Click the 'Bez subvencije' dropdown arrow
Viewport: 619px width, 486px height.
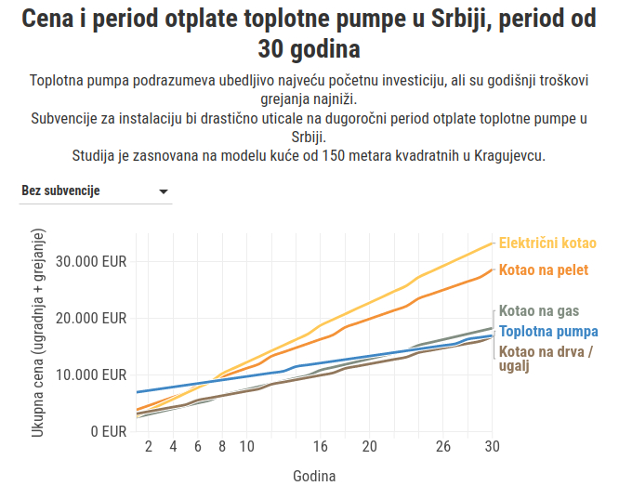(164, 191)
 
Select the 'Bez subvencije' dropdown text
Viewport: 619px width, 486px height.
(60, 191)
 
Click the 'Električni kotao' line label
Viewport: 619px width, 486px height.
(547, 243)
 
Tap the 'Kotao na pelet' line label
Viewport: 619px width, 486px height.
(544, 270)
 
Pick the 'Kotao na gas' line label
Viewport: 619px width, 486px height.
(539, 311)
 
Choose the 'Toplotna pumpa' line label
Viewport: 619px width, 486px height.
(548, 331)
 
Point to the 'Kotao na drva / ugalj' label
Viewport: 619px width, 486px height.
(546, 359)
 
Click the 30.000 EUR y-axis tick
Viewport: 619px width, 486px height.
(90, 261)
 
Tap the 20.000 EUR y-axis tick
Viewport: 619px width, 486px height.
(90, 318)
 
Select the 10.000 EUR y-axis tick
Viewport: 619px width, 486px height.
(90, 374)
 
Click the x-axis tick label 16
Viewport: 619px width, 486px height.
(321, 447)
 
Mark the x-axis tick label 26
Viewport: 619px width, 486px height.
(443, 447)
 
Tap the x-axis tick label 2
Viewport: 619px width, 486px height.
(149, 447)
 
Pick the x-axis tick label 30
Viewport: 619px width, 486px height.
(493, 447)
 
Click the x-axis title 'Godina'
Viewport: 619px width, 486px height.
(314, 475)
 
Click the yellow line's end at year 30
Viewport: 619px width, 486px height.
(492, 243)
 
